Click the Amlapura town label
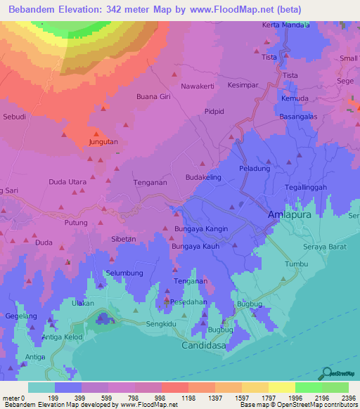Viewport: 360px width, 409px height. (290, 214)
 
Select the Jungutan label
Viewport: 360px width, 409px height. (103, 141)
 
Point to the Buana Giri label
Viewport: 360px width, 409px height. (153, 96)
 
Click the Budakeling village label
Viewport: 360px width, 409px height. (203, 178)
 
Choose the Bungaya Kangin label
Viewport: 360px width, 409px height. (201, 229)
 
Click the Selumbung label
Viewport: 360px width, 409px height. (124, 273)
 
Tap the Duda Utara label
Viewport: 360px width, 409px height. (67, 182)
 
